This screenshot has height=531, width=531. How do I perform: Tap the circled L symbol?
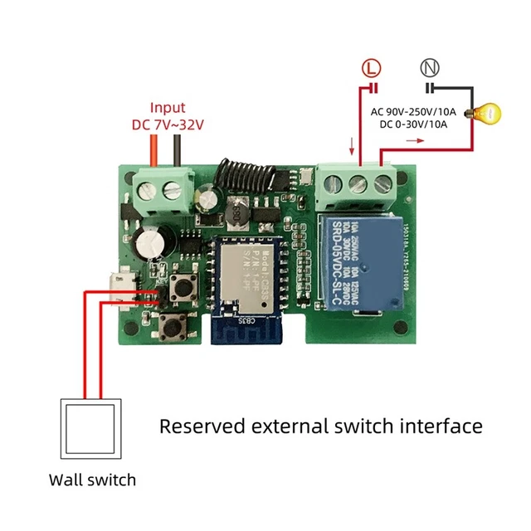coord(372,68)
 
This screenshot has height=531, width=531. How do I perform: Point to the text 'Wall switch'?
coord(91,480)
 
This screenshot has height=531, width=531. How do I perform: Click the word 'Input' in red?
coord(168,108)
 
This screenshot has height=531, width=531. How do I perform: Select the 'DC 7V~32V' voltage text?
coord(168,124)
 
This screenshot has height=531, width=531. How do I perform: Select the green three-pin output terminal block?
coord(357,184)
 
